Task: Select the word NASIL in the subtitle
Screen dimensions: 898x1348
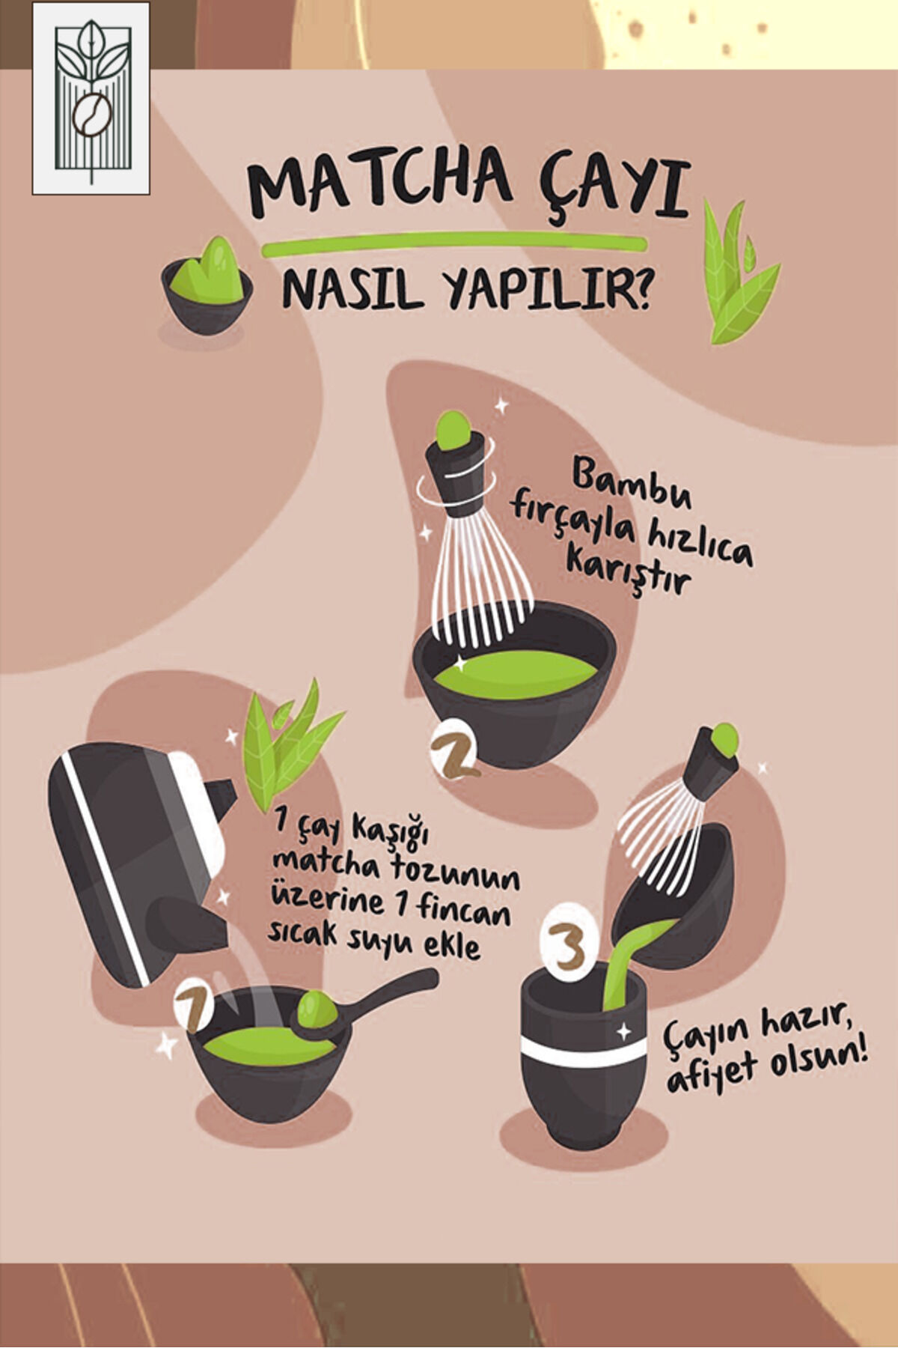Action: [349, 290]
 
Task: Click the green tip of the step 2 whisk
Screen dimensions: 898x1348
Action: [452, 431]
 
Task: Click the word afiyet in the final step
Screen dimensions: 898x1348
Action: [712, 1072]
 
